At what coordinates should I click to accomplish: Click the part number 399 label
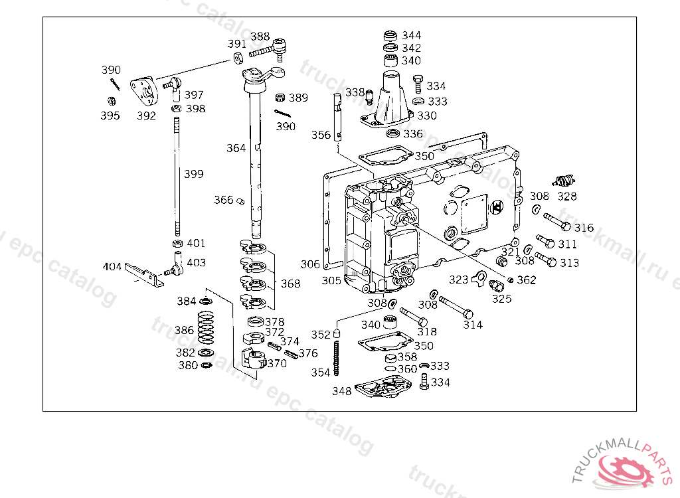coord(194,174)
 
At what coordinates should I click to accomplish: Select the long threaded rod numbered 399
coord(177,176)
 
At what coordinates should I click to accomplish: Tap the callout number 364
coord(236,148)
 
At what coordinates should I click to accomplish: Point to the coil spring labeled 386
coord(207,329)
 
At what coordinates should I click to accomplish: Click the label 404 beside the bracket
coord(112,267)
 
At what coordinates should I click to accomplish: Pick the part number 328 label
coord(567,196)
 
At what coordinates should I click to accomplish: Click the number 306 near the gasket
coord(310,264)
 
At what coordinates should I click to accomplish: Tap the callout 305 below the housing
coord(331,281)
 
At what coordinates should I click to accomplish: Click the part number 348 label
coord(342,391)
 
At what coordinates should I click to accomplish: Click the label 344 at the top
coord(411,35)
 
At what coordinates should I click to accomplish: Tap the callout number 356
coord(321,135)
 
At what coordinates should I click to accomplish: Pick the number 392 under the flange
coord(146,116)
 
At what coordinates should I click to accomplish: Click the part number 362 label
coord(526,280)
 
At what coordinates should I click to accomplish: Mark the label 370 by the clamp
coord(277,363)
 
